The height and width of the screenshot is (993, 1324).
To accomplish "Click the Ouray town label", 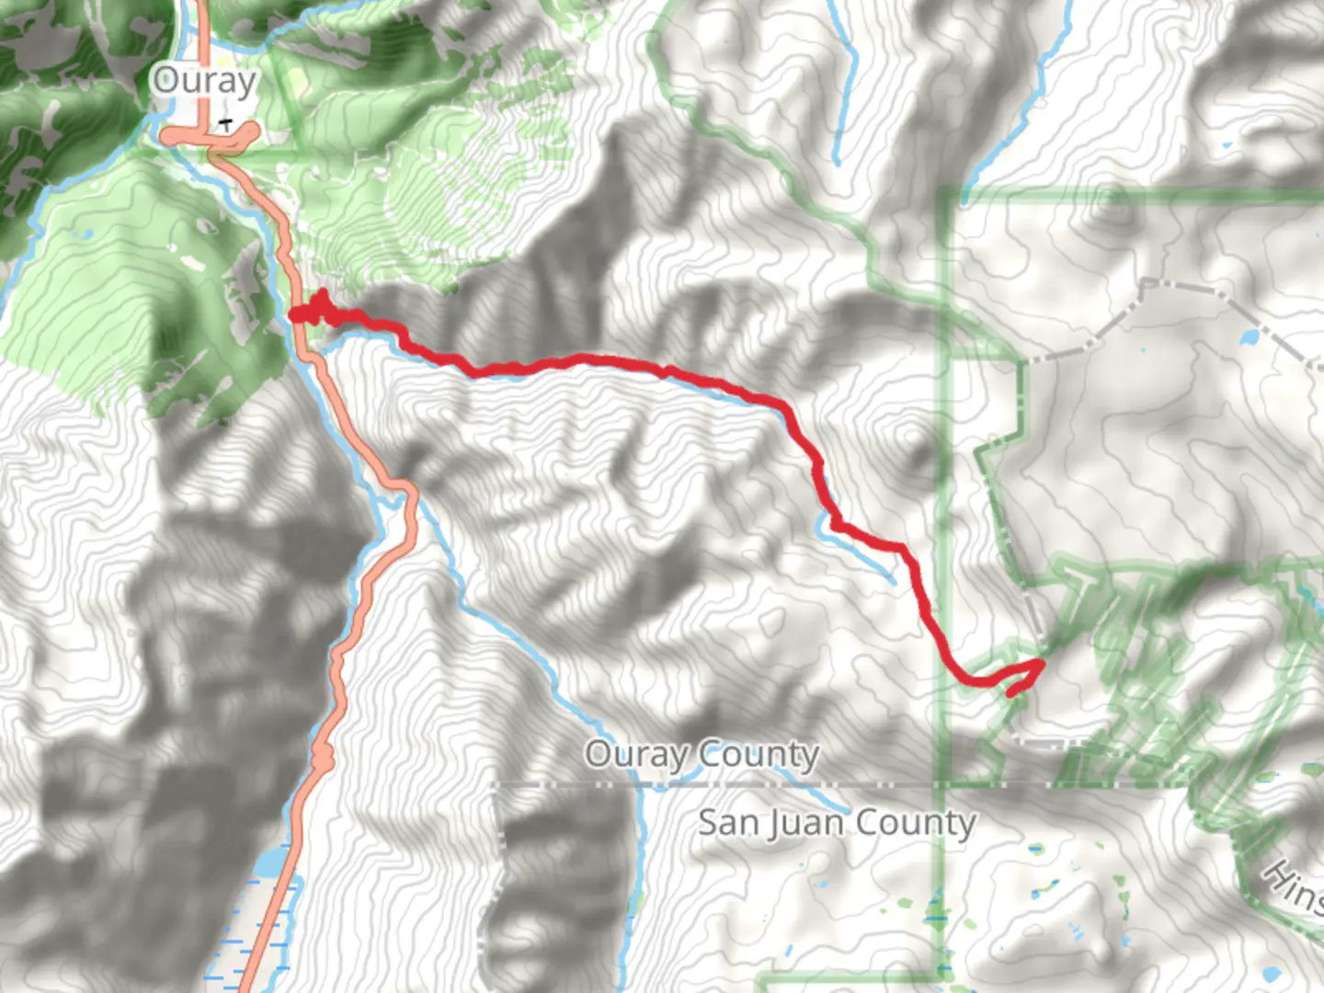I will coord(204,81).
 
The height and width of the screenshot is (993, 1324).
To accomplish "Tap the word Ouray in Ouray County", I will coord(636,755).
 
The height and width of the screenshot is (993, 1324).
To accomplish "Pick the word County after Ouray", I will coord(759,755).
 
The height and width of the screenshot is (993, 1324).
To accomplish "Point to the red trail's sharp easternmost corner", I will coord(1041,663).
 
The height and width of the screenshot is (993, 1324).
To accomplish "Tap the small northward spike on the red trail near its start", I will coord(323,297).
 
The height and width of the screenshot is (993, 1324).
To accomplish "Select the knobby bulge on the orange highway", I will coord(323,757).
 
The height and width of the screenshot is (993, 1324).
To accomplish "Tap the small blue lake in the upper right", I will coord(1250,337).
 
